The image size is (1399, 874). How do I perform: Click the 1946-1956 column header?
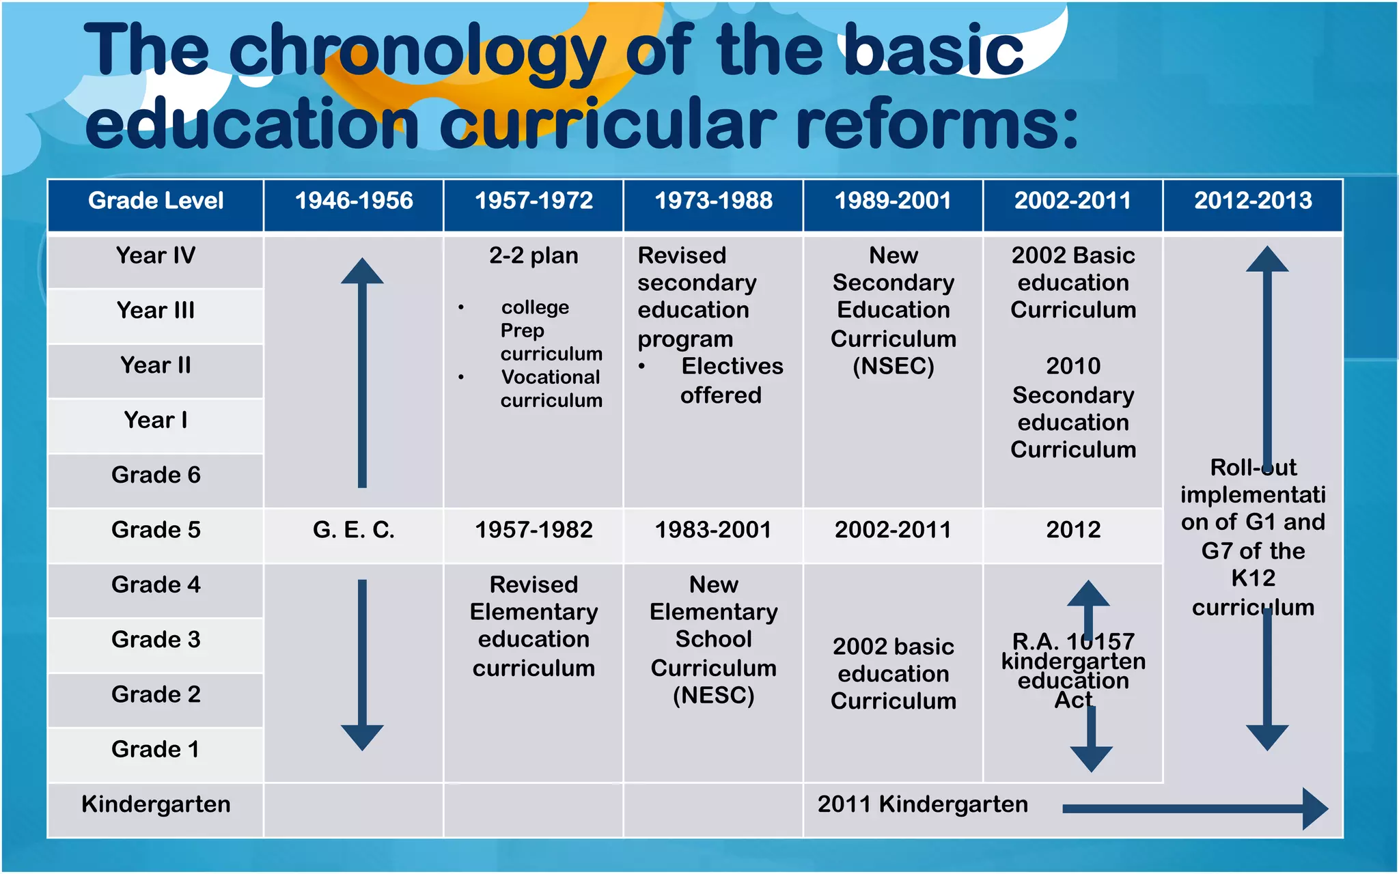[x=354, y=201]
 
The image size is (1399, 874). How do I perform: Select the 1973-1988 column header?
[x=713, y=201]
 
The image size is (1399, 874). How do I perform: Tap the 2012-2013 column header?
[x=1253, y=201]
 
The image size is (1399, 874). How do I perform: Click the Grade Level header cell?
[x=156, y=201]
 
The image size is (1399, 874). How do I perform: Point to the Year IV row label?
[x=156, y=256]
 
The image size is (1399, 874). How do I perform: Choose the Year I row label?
[x=156, y=421]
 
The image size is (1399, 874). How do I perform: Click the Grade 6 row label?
[x=156, y=475]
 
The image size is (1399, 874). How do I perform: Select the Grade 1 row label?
[x=156, y=750]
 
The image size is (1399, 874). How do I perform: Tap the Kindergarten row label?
[x=156, y=804]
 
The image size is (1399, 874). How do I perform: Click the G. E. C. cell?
[x=354, y=530]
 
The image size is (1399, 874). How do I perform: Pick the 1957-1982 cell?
[x=534, y=530]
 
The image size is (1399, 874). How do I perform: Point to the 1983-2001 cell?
[x=713, y=530]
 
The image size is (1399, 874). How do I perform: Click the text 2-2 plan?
[x=534, y=256]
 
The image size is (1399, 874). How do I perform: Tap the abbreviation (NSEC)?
[x=894, y=367]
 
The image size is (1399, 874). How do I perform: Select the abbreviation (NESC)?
[x=713, y=696]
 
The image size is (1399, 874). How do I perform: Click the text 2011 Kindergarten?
[x=922, y=804]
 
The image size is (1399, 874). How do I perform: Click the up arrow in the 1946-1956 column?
[x=362, y=372]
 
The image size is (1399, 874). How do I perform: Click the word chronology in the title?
[x=417, y=51]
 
